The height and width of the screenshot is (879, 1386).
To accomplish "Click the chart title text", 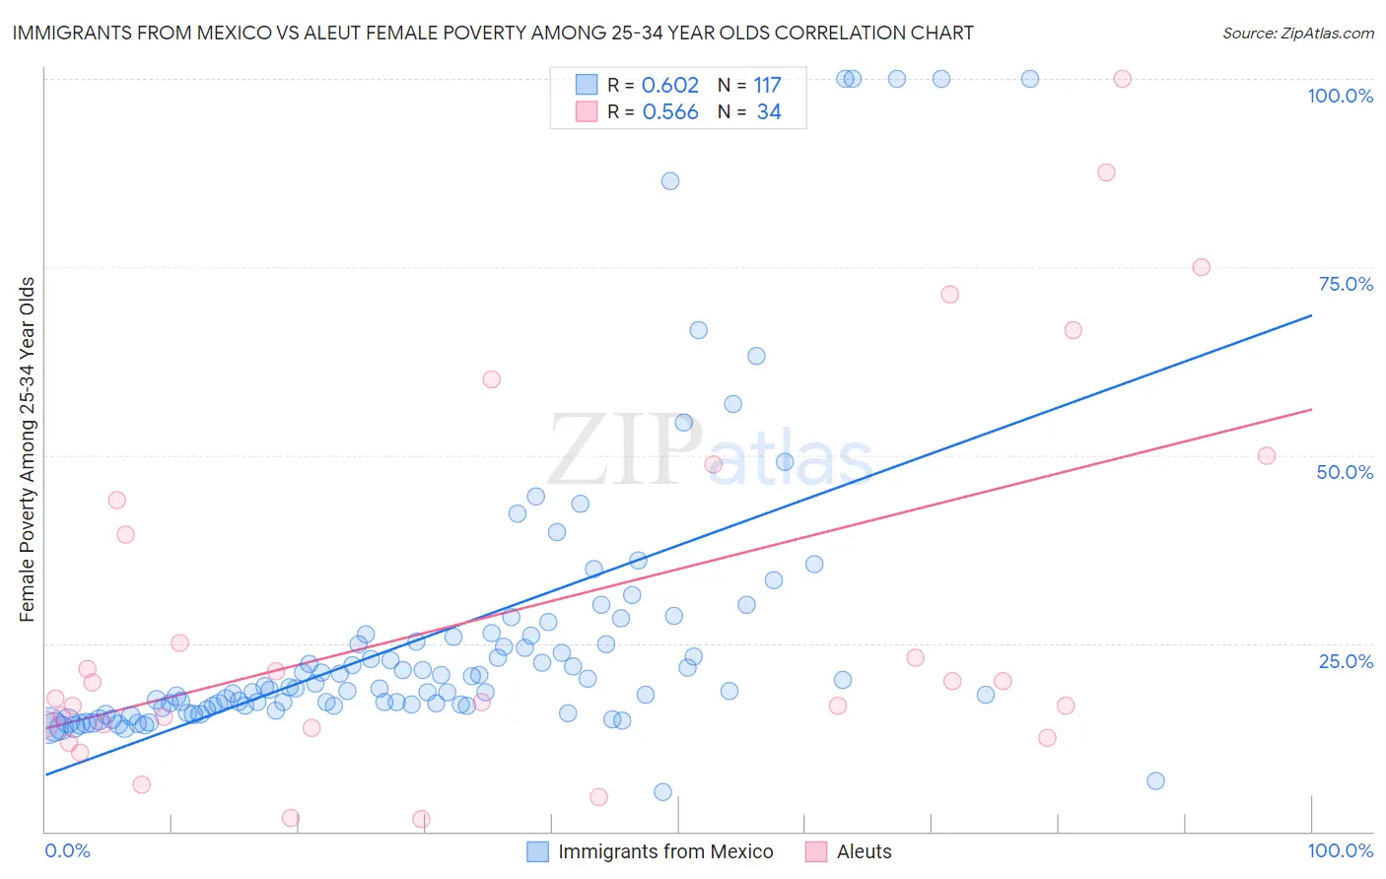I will click(x=492, y=33).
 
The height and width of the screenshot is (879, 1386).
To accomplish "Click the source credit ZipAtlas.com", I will click(x=1297, y=33).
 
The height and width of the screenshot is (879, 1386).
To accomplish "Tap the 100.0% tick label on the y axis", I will click(x=1340, y=96).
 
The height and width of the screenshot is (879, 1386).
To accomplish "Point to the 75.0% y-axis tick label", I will click(x=1346, y=284).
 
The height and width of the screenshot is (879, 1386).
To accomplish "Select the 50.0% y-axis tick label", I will click(x=1345, y=472).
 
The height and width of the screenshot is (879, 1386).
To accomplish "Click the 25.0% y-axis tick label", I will click(x=1346, y=660).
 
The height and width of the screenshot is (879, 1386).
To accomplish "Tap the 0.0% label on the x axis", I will click(x=67, y=850).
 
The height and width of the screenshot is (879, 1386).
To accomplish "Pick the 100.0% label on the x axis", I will click(x=1340, y=850).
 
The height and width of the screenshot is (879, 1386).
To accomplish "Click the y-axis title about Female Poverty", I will click(x=27, y=449).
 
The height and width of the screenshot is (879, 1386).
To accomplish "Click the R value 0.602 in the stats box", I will click(x=669, y=86).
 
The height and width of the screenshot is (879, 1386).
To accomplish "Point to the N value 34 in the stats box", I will click(x=769, y=112).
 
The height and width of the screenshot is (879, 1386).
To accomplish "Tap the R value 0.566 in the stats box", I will click(x=669, y=112).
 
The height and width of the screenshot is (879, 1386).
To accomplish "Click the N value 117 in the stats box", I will click(x=767, y=86).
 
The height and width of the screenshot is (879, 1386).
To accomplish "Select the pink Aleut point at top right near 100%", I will click(x=1122, y=79).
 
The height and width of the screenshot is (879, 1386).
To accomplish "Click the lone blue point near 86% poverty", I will click(x=670, y=181).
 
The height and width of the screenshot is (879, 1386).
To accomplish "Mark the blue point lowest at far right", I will click(x=1156, y=781).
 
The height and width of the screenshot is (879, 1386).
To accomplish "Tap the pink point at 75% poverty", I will click(x=1201, y=267).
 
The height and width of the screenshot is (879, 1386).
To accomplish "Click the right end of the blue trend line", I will click(x=1311, y=315).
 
